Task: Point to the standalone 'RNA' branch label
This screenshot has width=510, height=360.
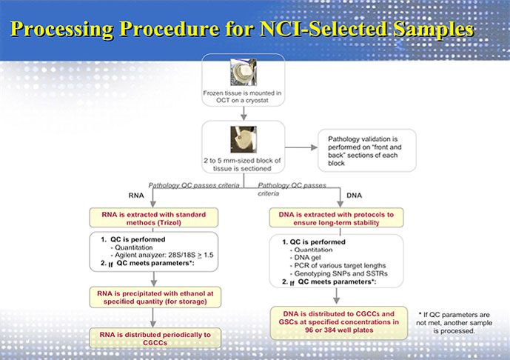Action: point(135,197)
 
